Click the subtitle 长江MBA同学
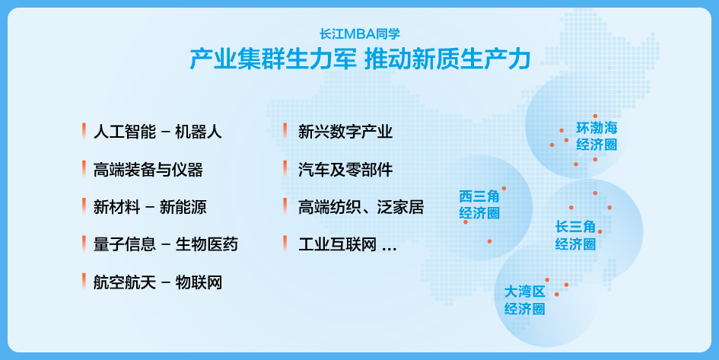pos(360,34)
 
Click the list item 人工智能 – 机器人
pos(157,132)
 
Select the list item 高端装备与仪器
pos(148,170)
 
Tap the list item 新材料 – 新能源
pos(150,207)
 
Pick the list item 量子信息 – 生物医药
pos(166,244)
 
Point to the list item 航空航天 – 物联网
pos(157,282)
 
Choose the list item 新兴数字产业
pos(345,132)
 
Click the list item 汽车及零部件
pos(345,170)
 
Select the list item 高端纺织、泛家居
pos(361,207)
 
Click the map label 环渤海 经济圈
pos(597,136)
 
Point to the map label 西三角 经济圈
pos(479,205)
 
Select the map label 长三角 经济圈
pos(575,235)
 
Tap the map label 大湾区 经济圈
pos(524,300)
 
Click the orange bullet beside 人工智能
pos(84,132)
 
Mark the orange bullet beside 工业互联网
pos(285,244)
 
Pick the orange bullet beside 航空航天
pos(84,282)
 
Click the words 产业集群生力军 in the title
pos(272,59)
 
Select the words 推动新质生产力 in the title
pos(447,59)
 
